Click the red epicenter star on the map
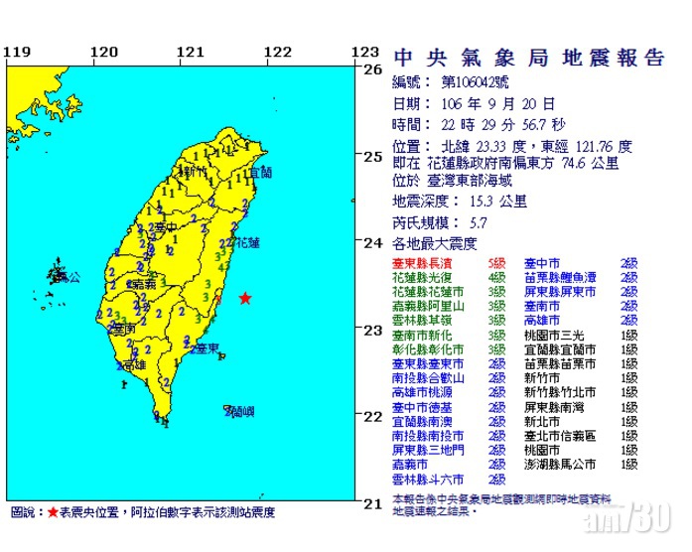[244, 299]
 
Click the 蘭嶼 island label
[236, 410]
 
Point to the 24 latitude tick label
[372, 242]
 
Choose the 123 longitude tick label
[366, 52]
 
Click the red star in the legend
[53, 512]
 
